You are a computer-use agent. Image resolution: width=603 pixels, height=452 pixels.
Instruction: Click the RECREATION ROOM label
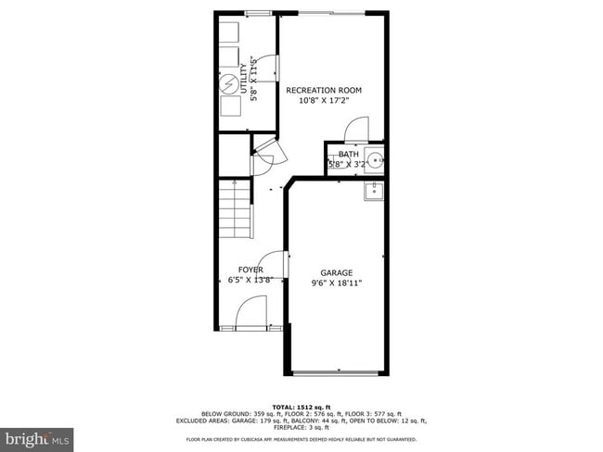pyautogui.click(x=324, y=90)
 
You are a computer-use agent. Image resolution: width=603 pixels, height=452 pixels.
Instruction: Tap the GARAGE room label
pyautogui.click(x=337, y=272)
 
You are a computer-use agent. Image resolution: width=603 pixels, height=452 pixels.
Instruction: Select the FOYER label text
pyautogui.click(x=250, y=270)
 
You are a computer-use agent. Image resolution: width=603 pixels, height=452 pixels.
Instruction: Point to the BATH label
pyautogui.click(x=348, y=154)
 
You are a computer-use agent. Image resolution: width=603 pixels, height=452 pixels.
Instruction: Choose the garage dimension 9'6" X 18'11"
pyautogui.click(x=337, y=282)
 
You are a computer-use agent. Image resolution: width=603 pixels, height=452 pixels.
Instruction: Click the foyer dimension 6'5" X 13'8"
pyautogui.click(x=250, y=280)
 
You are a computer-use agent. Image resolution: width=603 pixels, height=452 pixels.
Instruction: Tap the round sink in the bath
pyautogui.click(x=375, y=159)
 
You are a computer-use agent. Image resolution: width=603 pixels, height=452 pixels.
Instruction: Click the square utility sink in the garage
pyautogui.click(x=376, y=192)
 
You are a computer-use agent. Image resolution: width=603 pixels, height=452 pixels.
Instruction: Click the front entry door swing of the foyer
pyautogui.click(x=251, y=313)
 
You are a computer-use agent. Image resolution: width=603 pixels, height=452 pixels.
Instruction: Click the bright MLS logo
pyautogui.click(x=38, y=436)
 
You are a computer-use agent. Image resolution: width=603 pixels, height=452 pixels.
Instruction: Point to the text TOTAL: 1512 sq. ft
pyautogui.click(x=301, y=405)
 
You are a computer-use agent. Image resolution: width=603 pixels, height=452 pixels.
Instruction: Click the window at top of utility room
pyautogui.click(x=249, y=17)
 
